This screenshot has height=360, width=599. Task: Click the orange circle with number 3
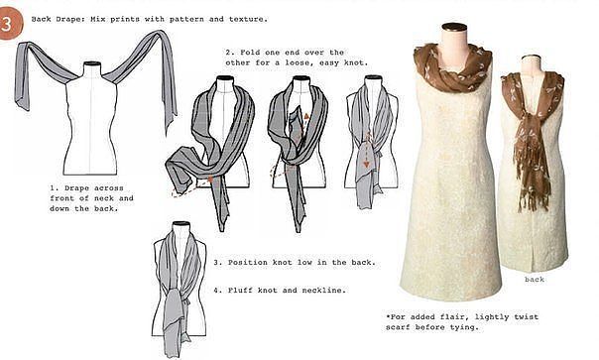pos(10,24)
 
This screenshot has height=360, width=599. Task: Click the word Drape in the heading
pos(68,19)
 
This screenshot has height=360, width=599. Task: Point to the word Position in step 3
pos(248,263)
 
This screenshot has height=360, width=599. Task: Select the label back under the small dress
pos(535,280)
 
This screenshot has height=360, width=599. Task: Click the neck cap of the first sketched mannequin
pos(91,63)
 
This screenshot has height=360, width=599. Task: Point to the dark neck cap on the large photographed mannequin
pos(454,27)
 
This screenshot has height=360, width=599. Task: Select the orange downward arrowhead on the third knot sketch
pos(366,165)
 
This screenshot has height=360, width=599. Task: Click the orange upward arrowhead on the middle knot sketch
pos(306,116)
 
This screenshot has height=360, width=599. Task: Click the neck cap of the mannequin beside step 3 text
pos(181,223)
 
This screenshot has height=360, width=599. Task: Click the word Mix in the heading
pos(97,19)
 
